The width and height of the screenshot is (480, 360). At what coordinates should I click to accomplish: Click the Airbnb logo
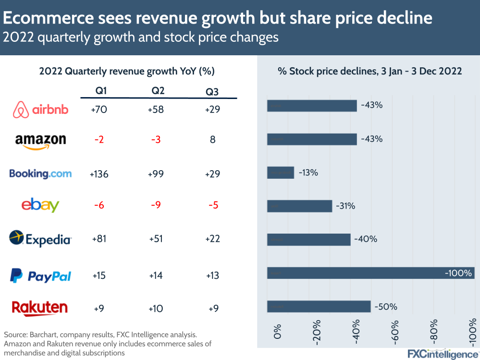(40, 110)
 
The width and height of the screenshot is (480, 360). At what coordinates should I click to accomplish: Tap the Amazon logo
(40, 140)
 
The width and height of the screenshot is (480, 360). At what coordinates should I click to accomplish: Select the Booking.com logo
(40, 174)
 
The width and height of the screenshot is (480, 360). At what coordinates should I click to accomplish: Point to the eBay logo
(40, 205)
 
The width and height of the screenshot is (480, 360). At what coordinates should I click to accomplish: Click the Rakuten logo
(40, 308)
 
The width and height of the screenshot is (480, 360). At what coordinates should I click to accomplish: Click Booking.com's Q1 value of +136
(99, 174)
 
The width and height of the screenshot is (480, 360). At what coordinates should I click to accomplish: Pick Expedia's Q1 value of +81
(99, 239)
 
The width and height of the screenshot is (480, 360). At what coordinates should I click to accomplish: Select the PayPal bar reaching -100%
(370, 273)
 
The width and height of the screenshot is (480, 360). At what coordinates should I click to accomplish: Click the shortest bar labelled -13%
(280, 173)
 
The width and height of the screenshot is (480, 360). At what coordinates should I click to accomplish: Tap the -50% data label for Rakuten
(386, 307)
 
